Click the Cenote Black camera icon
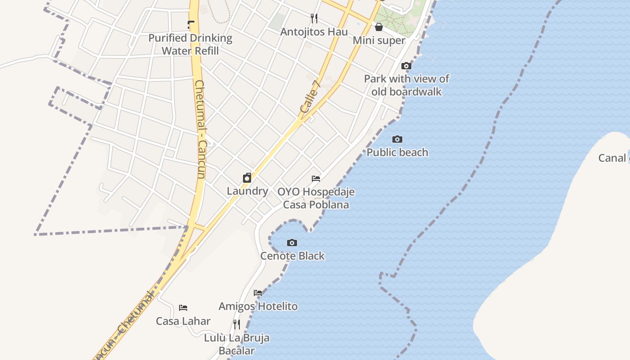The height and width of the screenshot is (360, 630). click(292, 243)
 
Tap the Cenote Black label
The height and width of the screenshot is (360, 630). click(292, 256)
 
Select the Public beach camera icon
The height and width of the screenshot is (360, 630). click(397, 139)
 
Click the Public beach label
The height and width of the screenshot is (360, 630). click(397, 152)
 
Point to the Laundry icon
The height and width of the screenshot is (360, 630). click(247, 178)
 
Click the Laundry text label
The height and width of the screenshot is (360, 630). click(247, 191)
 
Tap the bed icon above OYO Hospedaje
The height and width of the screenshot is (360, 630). click(316, 179)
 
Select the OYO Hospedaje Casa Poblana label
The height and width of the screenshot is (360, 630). click(316, 198)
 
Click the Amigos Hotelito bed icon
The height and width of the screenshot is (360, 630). click(258, 293)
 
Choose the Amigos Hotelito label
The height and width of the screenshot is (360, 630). click(258, 306)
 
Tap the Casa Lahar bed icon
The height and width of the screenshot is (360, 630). click(183, 308)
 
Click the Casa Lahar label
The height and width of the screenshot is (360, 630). click(183, 321)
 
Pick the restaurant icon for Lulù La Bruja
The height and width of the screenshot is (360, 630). click(237, 324)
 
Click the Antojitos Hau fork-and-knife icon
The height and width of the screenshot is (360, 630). click(314, 18)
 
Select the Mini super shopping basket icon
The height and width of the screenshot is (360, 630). click(379, 27)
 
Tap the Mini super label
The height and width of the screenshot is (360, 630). click(379, 40)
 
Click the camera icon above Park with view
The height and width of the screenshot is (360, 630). click(406, 66)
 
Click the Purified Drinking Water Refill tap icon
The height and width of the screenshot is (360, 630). click(191, 25)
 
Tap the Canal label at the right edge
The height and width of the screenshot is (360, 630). click(612, 158)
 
